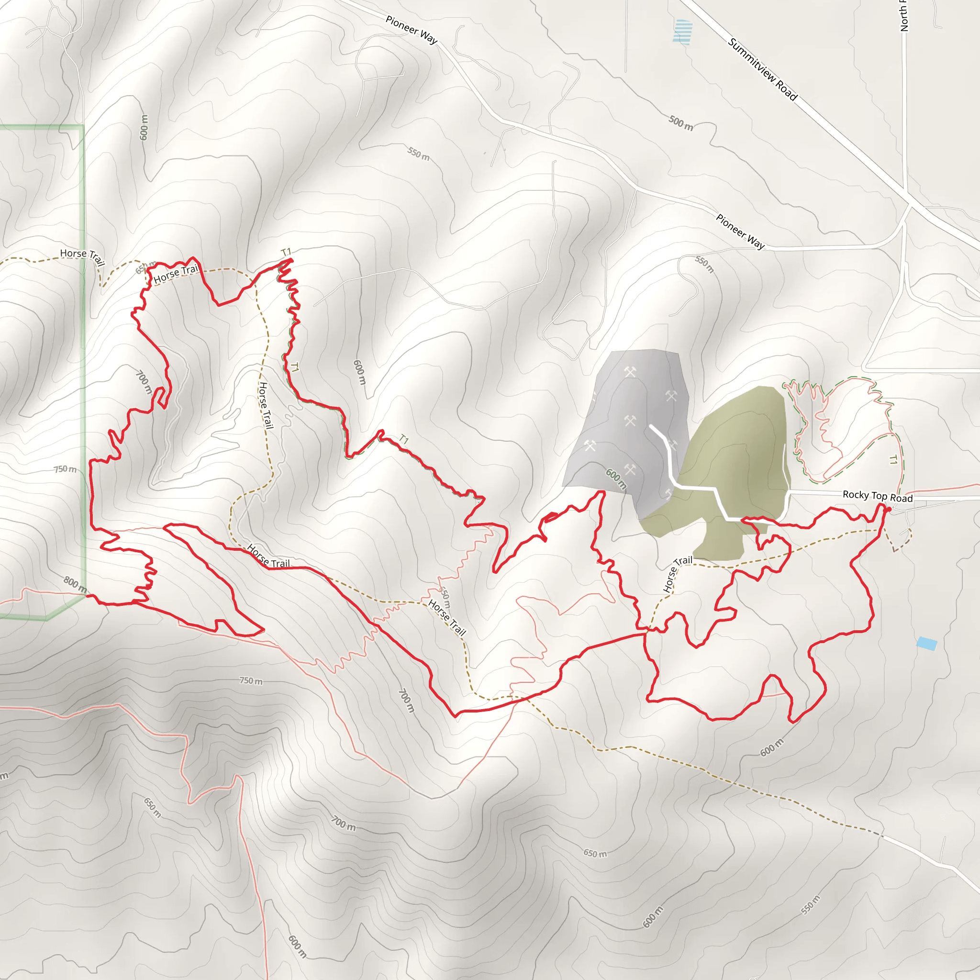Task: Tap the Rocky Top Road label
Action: click(877, 496)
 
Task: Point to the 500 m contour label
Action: click(680, 123)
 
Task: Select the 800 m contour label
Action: click(75, 584)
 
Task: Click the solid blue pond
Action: click(926, 644)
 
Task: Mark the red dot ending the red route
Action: click(888, 509)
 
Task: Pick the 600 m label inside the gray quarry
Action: click(616, 479)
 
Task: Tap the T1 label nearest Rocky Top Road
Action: click(893, 460)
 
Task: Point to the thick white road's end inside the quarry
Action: click(651, 427)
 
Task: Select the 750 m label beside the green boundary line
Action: click(66, 469)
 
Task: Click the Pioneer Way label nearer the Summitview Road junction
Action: click(740, 231)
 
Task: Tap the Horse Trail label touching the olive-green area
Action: click(677, 574)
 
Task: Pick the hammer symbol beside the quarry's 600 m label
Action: click(630, 469)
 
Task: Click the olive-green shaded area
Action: click(735, 457)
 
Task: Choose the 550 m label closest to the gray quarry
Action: click(704, 264)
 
